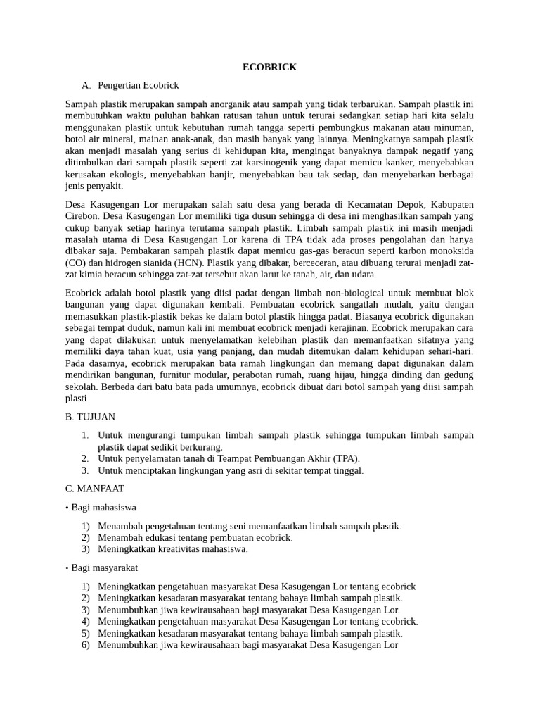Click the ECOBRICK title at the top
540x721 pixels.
pos(269,68)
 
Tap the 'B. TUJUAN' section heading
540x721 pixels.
pos(90,417)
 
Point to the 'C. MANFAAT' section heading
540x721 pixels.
pos(94,488)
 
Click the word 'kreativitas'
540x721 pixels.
pos(176,548)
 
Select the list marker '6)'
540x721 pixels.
pos(85,644)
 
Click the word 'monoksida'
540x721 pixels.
pos(450,251)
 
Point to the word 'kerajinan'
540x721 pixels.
pos(344,327)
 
